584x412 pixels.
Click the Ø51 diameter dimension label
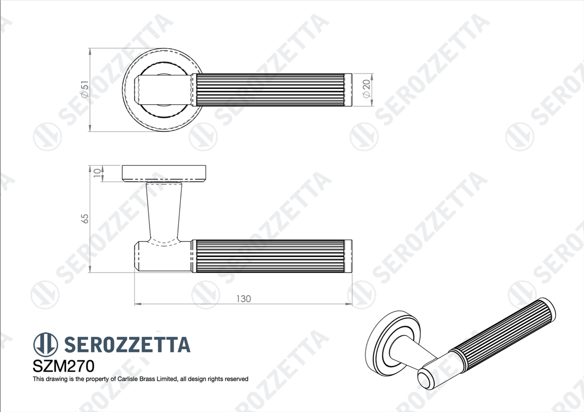85,89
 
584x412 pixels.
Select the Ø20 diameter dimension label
367,89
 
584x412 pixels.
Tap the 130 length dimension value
243,299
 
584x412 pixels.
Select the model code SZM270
63,366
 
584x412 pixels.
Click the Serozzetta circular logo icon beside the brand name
46,344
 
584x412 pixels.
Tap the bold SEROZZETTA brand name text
127,345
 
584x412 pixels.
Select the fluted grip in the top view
269,89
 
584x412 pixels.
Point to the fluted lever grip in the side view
269,255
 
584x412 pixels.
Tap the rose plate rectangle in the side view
164,174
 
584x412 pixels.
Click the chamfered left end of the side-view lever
137,255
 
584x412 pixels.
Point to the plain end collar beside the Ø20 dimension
349,89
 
